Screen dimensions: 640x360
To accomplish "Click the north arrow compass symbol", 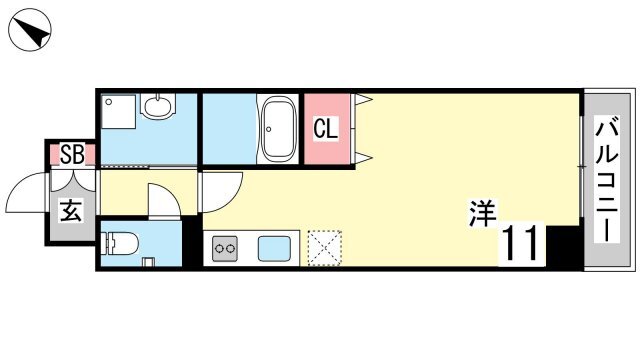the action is [29, 30].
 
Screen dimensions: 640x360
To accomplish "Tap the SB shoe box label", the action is [72, 154].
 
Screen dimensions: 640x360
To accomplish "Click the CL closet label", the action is [326, 129].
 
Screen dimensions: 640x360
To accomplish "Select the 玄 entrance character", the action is [72, 210].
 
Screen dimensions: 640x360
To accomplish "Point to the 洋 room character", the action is [482, 212].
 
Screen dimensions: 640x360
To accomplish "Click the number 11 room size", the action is [522, 244].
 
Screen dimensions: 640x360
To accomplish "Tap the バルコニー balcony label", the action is [607, 179].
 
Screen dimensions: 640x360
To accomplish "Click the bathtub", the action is [278, 129].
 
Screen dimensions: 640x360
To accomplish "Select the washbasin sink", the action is [158, 105].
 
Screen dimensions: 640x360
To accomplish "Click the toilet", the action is [120, 243].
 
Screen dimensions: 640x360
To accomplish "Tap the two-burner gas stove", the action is [224, 248].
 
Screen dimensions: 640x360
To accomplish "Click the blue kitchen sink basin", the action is [274, 248].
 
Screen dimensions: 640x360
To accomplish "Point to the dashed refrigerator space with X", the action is [324, 248].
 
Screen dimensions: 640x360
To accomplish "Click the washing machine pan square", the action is [118, 111].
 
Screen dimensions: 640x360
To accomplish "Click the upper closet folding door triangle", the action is [363, 100].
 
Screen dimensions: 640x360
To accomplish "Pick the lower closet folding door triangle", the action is [363, 157].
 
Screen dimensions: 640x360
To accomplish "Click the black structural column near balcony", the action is [562, 246].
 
